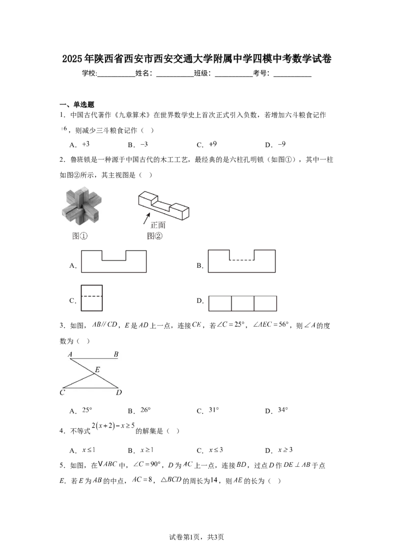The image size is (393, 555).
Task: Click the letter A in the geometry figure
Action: [71, 354]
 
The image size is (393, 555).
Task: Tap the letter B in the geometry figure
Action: [116, 354]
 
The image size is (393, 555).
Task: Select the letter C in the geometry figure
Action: [62, 392]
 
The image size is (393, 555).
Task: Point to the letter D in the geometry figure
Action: [118, 392]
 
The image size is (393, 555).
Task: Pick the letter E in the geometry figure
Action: [97, 370]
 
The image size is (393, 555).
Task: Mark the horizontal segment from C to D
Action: [91, 388]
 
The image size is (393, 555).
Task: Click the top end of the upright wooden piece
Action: [81, 188]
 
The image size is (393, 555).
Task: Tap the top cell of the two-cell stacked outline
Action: [92, 290]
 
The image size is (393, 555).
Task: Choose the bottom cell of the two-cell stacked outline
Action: [92, 304]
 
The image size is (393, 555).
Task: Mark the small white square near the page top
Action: [61, 57]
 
